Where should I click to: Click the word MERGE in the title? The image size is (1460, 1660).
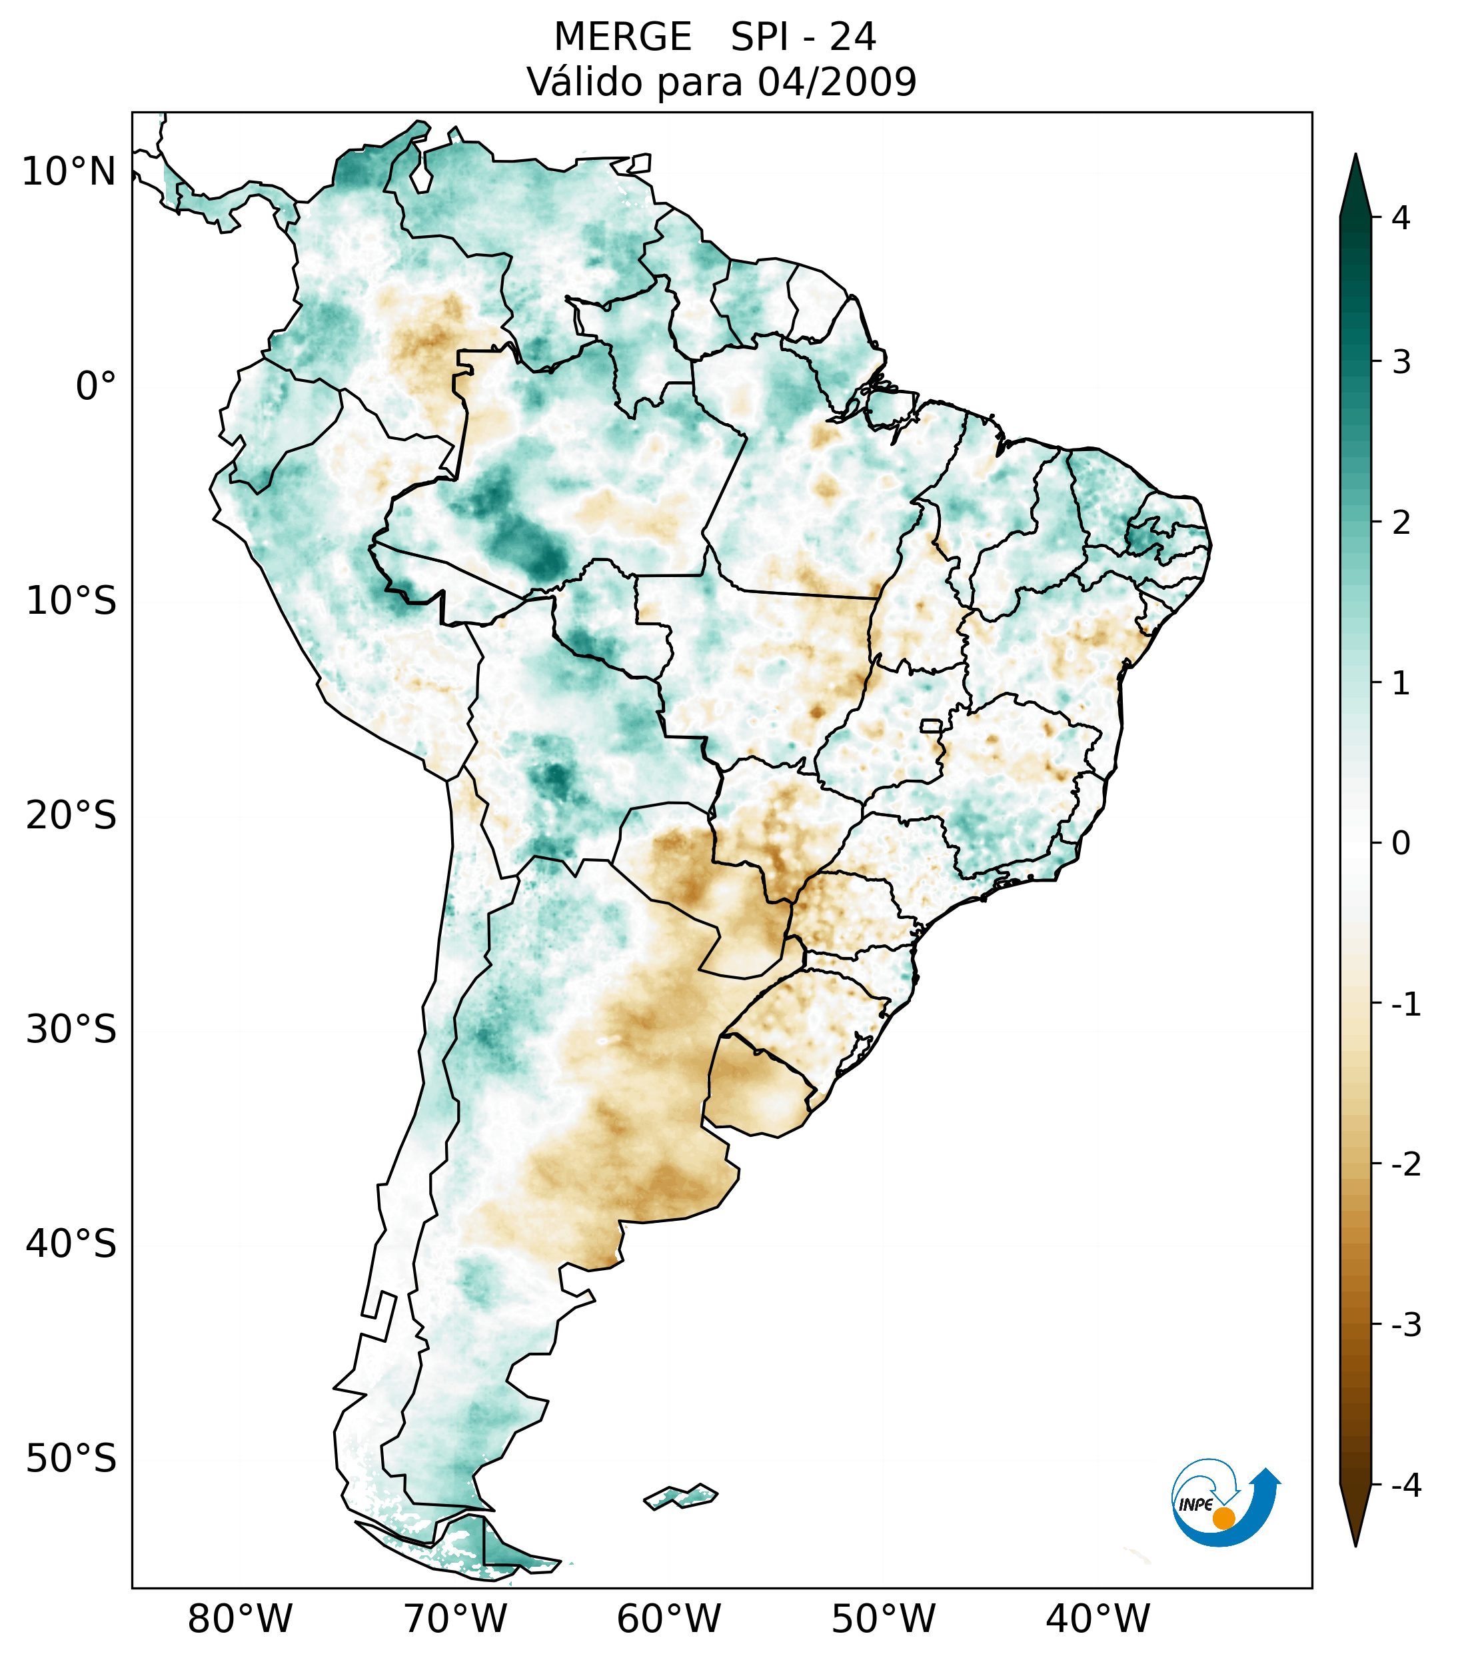pos(623,37)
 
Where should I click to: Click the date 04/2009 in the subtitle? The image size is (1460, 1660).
pos(836,82)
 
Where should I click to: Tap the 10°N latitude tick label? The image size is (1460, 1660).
pos(68,172)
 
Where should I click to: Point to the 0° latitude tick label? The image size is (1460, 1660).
pos(95,387)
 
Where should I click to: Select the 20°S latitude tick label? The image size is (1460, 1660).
pos(71,816)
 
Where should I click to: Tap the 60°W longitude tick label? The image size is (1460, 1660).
pos(668,1619)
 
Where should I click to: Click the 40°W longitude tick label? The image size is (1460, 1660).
pos(1098,1619)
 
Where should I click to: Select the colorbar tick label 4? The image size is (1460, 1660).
pos(1401,218)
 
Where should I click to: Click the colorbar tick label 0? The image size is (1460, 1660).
pos(1401,844)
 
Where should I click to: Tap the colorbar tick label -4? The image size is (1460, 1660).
pos(1405,1485)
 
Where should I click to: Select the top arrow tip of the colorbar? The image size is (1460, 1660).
pos(1355,157)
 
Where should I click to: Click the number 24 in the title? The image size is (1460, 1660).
pos(853,37)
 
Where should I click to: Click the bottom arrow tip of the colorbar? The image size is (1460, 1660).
pos(1355,1544)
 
